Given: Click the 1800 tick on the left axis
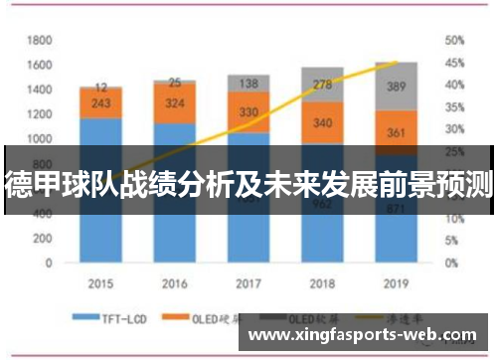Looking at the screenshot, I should [39, 40].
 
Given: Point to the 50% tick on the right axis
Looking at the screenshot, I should [454, 40].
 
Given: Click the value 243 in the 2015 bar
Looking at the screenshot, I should [101, 103].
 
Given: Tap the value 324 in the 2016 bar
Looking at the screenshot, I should [175, 102].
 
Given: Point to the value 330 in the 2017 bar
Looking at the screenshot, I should [248, 111].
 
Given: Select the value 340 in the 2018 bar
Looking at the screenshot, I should [322, 123].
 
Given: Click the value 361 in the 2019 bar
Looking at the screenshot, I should [396, 132].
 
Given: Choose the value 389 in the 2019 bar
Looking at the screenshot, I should [396, 88].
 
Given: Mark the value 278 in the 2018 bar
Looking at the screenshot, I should [322, 85].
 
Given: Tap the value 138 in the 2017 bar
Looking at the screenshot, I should [248, 84].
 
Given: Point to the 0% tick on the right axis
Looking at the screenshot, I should [451, 263].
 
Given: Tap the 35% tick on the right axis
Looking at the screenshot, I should [454, 106].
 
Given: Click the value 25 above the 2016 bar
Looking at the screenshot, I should [175, 83].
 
